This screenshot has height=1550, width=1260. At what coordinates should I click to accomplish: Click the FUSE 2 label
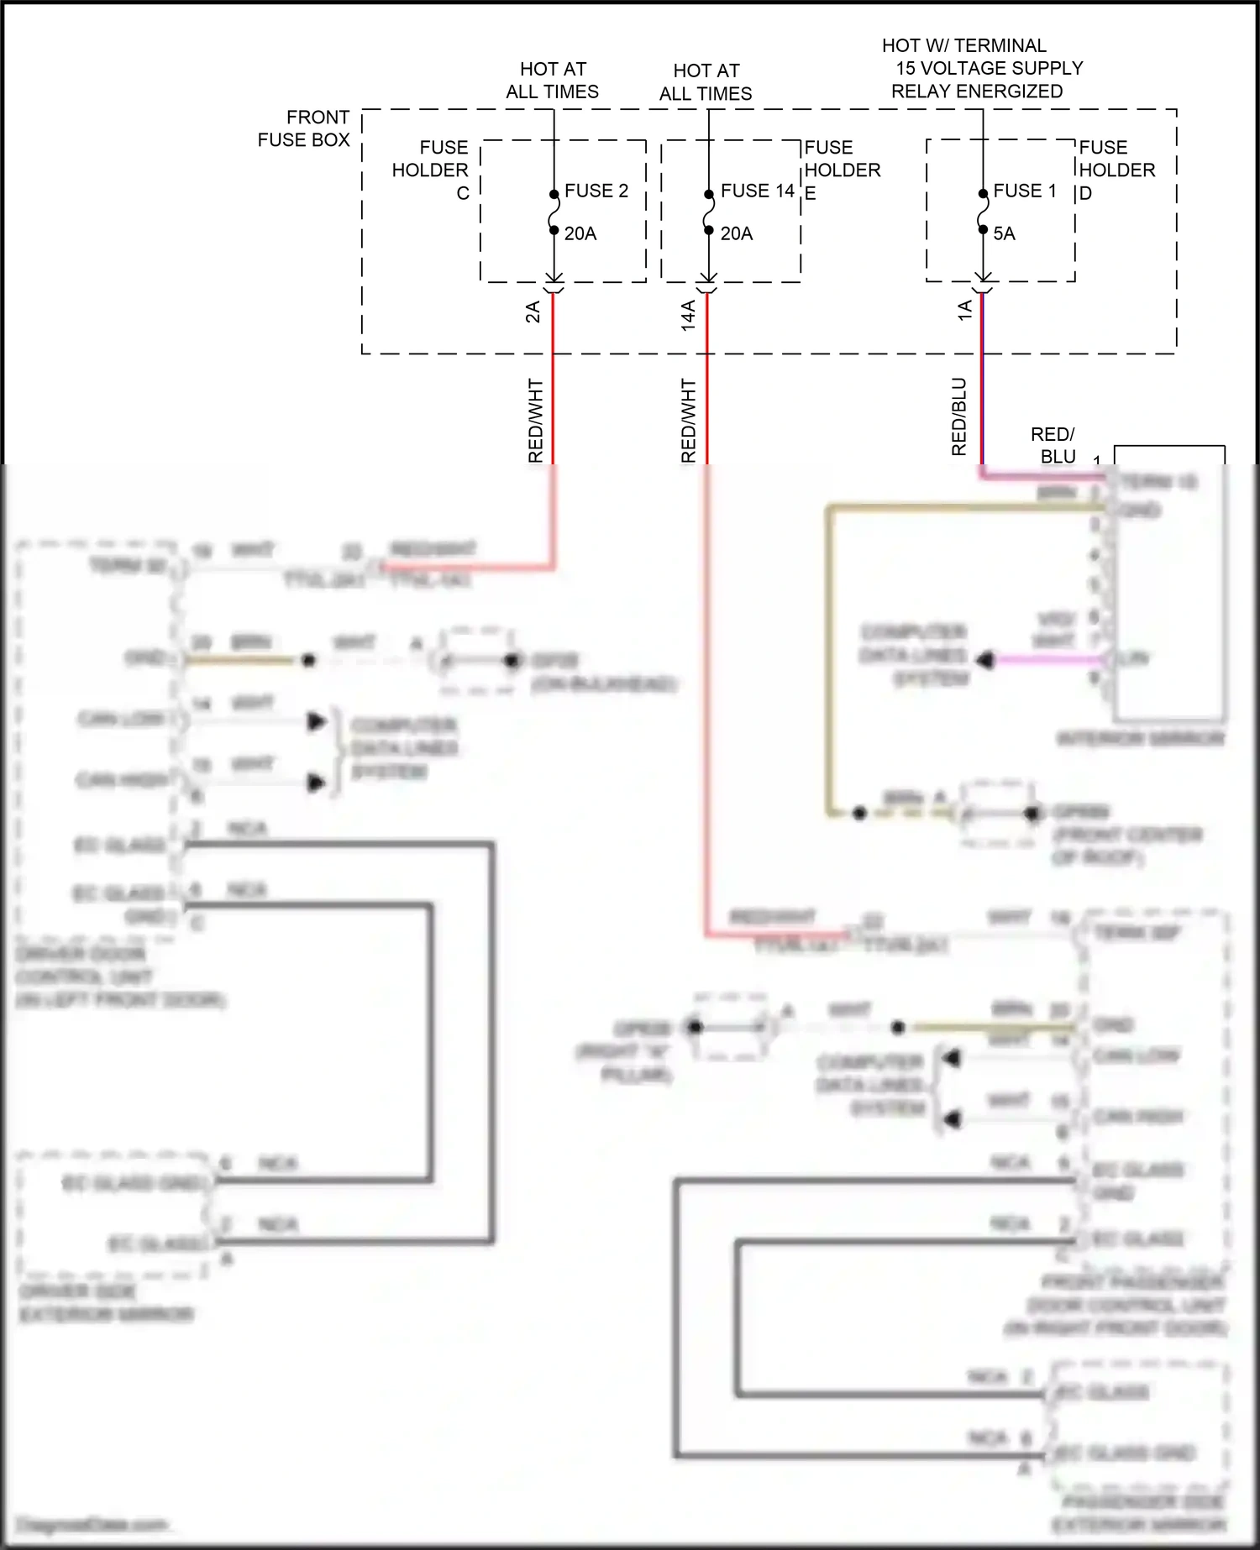[x=596, y=191]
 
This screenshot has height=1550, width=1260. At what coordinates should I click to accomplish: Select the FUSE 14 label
[x=757, y=191]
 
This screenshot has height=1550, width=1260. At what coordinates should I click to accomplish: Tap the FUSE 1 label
[x=1024, y=191]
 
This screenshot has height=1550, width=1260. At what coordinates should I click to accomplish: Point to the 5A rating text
[x=1004, y=233]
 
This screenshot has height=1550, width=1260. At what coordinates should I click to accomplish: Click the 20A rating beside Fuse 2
[x=580, y=233]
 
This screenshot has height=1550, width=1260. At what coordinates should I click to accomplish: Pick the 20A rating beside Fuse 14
[x=737, y=233]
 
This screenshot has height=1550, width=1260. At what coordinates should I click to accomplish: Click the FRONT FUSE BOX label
[x=304, y=128]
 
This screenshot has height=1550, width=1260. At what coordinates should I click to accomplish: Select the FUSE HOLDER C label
[x=431, y=170]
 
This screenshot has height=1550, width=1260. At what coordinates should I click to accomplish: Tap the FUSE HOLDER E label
[x=842, y=170]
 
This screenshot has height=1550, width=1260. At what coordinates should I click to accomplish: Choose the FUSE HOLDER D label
[x=1116, y=170]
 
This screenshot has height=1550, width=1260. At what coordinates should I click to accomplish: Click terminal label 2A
[x=533, y=312]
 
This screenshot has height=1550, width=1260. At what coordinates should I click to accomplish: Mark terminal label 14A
[x=688, y=315]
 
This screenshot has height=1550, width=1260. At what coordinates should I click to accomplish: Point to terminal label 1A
[x=964, y=310]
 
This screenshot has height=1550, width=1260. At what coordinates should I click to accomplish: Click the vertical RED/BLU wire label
[x=958, y=416]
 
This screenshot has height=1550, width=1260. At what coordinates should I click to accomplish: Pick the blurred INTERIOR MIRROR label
[x=1140, y=739]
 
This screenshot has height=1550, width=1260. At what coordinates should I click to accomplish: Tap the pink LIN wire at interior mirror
[x=1050, y=660]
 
